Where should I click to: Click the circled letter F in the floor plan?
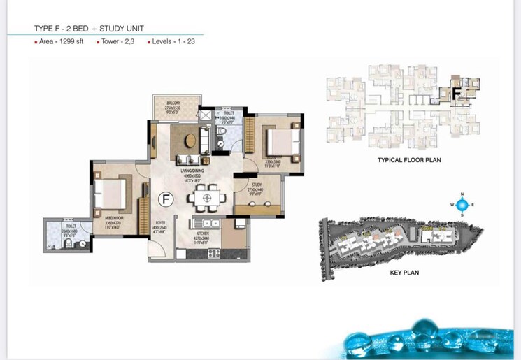166,199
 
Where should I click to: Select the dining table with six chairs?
206,198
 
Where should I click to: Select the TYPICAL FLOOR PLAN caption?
409,160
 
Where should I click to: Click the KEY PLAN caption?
404,273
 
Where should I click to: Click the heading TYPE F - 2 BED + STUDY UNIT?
94,29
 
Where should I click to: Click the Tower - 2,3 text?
116,43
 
